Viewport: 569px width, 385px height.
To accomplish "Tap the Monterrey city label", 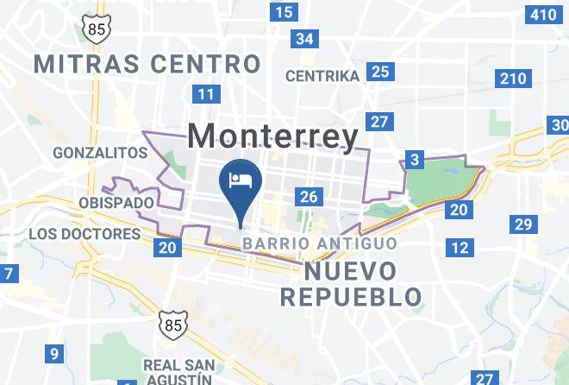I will pos(272,136).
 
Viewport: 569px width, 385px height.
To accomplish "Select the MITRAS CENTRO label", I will pos(147,63).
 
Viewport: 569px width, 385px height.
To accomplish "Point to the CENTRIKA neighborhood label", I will pos(322,76).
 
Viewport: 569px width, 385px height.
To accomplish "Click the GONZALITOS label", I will pos(100,153).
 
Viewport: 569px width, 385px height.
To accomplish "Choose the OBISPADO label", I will pos(116,203).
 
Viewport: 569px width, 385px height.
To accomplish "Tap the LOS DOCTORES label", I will pos(84,234).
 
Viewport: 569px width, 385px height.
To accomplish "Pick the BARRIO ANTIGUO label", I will pos(319,243).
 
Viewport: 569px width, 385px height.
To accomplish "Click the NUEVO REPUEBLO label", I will pos(351,284).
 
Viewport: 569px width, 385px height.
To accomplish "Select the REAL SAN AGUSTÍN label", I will pos(178,371).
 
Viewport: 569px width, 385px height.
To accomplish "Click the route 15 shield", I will pos(283,12).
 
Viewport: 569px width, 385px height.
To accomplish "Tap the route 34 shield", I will pos(303,39).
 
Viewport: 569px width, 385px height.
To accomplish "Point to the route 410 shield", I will pos(544,14).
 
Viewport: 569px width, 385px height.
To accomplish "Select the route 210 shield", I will pos(512,79).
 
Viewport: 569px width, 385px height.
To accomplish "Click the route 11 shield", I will pos(205,94).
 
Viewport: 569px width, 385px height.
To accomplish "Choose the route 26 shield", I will pos(309,197).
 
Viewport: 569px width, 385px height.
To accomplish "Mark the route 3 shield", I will pos(416,159).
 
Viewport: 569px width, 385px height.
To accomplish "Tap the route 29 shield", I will pos(522,225).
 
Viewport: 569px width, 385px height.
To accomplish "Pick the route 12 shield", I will pos(460,248).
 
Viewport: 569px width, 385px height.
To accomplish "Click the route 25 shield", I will pos(380,72).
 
